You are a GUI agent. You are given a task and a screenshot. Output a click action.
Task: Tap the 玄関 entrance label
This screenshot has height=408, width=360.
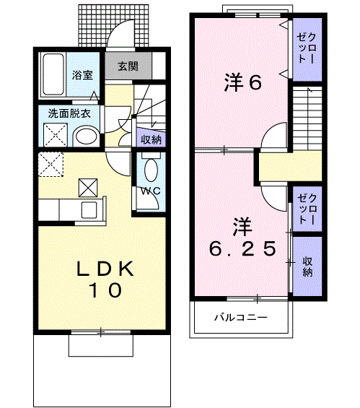point(128,66)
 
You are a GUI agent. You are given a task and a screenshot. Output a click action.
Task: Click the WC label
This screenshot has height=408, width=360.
point(150,191)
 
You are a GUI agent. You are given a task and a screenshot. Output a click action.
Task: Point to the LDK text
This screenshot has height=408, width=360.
point(105,269)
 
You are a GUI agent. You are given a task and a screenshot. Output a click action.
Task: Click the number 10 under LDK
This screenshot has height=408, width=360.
point(105,290)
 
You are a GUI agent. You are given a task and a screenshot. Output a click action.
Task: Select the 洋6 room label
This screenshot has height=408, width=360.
point(235,82)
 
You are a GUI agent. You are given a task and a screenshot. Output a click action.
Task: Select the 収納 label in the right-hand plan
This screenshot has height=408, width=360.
point(307,266)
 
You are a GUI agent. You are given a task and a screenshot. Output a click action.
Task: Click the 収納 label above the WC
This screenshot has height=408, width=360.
point(150,140)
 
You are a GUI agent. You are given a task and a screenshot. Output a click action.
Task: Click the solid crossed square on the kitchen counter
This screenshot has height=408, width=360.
point(88,187)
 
